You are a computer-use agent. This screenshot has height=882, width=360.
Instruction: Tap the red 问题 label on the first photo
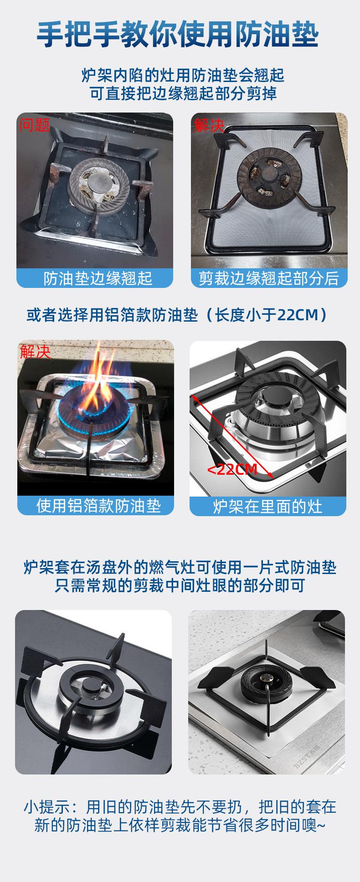click(x=34, y=124)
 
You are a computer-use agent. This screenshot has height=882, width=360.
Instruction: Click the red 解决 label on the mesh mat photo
click(x=209, y=125)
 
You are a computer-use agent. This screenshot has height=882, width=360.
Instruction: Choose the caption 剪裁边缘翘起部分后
click(x=269, y=278)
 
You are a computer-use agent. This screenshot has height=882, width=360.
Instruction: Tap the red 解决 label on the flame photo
click(x=35, y=352)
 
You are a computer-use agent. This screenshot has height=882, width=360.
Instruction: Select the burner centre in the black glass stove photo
click(x=91, y=683)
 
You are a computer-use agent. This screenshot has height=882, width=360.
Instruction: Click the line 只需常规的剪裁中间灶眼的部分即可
click(x=180, y=585)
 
